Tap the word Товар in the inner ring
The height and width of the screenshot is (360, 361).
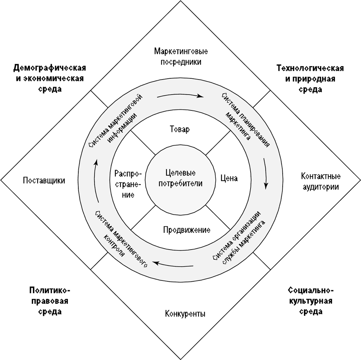179,129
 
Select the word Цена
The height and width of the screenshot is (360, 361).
229,178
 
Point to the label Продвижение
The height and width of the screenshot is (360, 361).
187,230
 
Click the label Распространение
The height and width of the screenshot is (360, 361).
128,183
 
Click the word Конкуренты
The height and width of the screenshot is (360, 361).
185,313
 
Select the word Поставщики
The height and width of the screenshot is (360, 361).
44,181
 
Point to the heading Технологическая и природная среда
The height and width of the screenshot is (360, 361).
310,78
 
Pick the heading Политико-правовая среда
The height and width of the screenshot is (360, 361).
50,300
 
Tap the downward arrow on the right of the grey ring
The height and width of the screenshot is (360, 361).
266,173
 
